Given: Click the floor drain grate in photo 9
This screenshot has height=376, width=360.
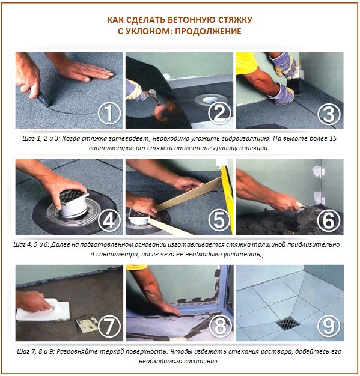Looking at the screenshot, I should (x=287, y=324).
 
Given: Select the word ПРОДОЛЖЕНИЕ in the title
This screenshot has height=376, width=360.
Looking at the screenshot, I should (x=211, y=31).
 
